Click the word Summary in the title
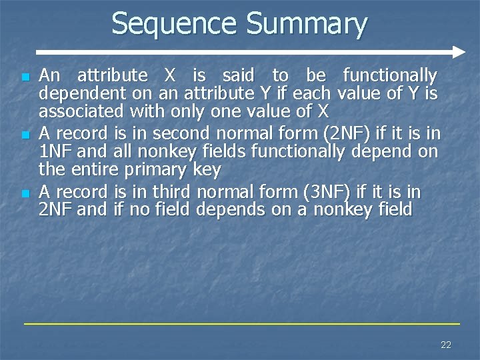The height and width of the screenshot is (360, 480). tap(306, 25)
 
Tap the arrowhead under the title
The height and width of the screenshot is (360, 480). tap(457, 51)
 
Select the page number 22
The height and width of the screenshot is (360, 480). tap(446, 345)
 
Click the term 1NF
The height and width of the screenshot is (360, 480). tap(56, 152)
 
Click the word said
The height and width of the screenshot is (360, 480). tap(233, 75)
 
